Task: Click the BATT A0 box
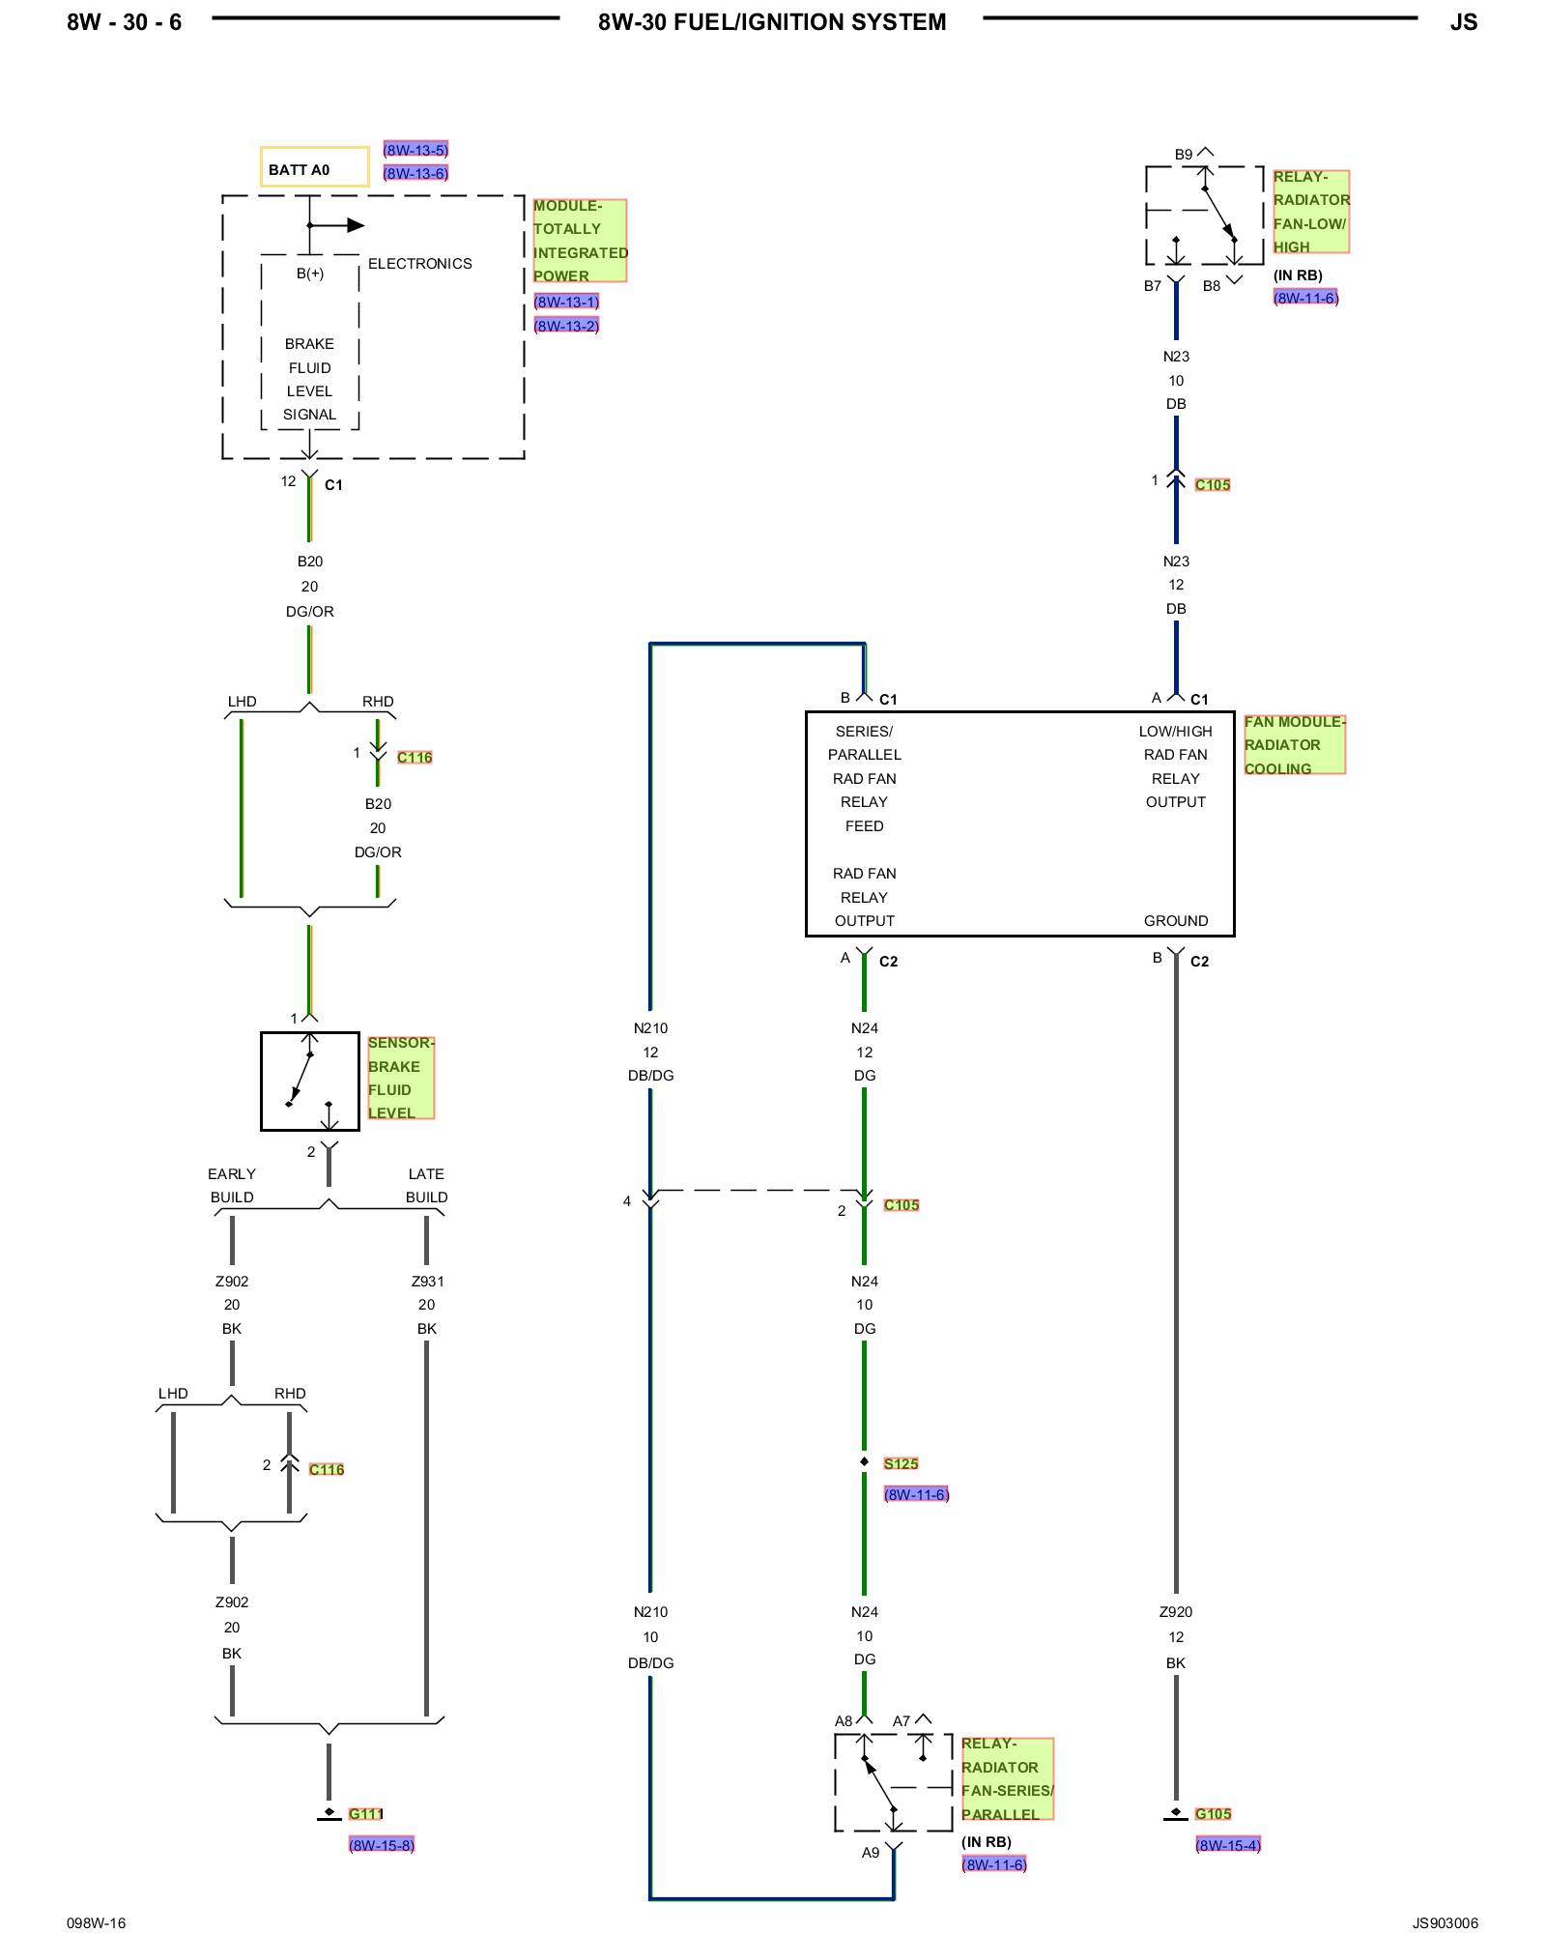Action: (314, 167)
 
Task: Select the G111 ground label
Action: (366, 1813)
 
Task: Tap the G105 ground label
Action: (1213, 1813)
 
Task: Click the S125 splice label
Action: (901, 1463)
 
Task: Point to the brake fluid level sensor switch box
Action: (309, 1081)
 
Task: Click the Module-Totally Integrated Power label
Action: (580, 241)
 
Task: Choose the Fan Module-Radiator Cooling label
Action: (1294, 744)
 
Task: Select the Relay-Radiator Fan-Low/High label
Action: (1310, 212)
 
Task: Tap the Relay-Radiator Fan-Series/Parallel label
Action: (1007, 1778)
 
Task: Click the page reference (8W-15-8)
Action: (382, 1844)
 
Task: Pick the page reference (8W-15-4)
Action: (1228, 1844)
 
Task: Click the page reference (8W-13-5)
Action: (415, 150)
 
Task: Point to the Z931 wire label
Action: (427, 1282)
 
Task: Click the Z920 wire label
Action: (1176, 1611)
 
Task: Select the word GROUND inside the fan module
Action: (1176, 921)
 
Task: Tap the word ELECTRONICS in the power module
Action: (420, 264)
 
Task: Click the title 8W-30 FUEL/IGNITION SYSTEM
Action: (772, 22)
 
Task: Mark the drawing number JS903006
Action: (1445, 1922)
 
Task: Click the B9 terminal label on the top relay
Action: (1184, 155)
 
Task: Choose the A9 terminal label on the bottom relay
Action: (871, 1853)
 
